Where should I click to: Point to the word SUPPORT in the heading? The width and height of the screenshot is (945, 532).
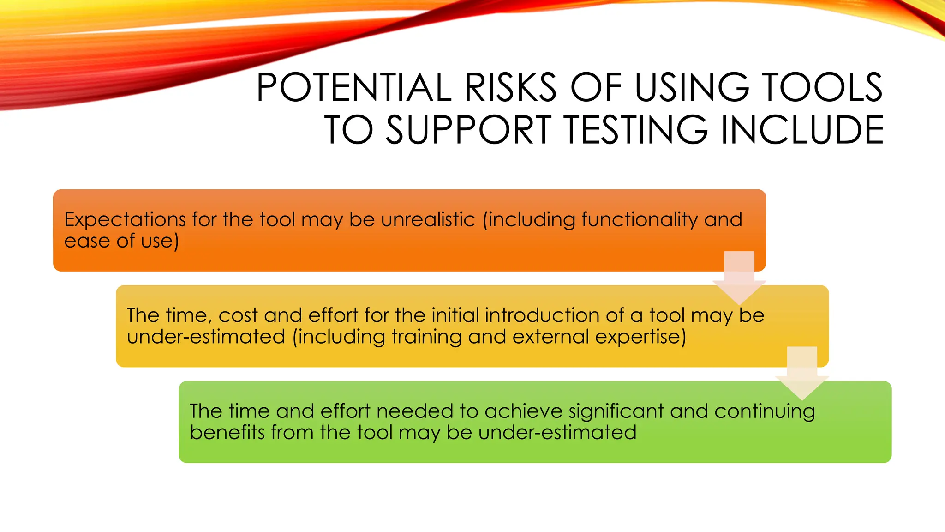[469, 130]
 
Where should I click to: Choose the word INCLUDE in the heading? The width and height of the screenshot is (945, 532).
[802, 130]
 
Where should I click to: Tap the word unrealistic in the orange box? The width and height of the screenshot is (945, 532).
[428, 219]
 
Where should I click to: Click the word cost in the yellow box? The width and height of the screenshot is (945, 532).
[238, 315]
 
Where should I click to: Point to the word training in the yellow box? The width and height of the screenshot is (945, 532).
[426, 337]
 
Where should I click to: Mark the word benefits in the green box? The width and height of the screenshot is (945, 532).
[227, 433]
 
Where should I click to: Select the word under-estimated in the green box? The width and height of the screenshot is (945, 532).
[557, 433]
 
